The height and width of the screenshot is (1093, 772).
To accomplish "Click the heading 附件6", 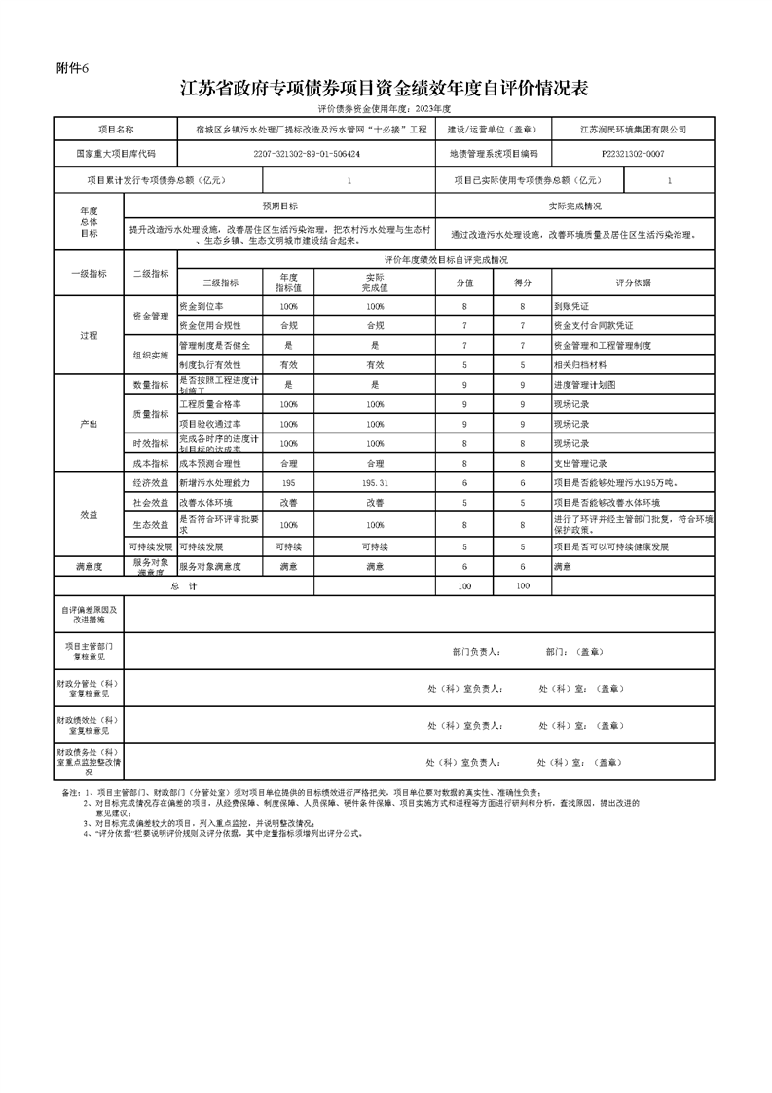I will click(x=73, y=68).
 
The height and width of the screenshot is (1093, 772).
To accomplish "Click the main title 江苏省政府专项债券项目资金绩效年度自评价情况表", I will click(x=385, y=90).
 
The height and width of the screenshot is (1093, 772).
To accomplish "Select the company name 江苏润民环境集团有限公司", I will click(x=633, y=130).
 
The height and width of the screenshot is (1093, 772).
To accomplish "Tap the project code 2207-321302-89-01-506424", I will click(x=307, y=154).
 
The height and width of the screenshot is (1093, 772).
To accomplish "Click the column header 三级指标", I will click(x=221, y=283).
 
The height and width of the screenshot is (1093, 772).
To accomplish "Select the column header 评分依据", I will click(x=633, y=283).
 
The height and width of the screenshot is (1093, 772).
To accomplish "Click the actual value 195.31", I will click(x=375, y=483).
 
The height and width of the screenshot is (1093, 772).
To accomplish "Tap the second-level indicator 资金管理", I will click(x=151, y=316).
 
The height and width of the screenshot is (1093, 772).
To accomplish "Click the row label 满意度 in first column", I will click(x=90, y=566).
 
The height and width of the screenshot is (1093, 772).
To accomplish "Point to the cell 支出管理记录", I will click(x=580, y=464).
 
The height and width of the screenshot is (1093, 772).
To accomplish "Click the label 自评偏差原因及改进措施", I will click(x=90, y=614).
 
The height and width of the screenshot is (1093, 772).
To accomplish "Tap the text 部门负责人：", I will click(x=477, y=651).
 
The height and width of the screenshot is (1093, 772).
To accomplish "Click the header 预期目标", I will click(x=280, y=207).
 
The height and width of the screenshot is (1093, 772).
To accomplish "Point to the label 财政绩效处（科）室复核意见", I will click(x=90, y=725).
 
